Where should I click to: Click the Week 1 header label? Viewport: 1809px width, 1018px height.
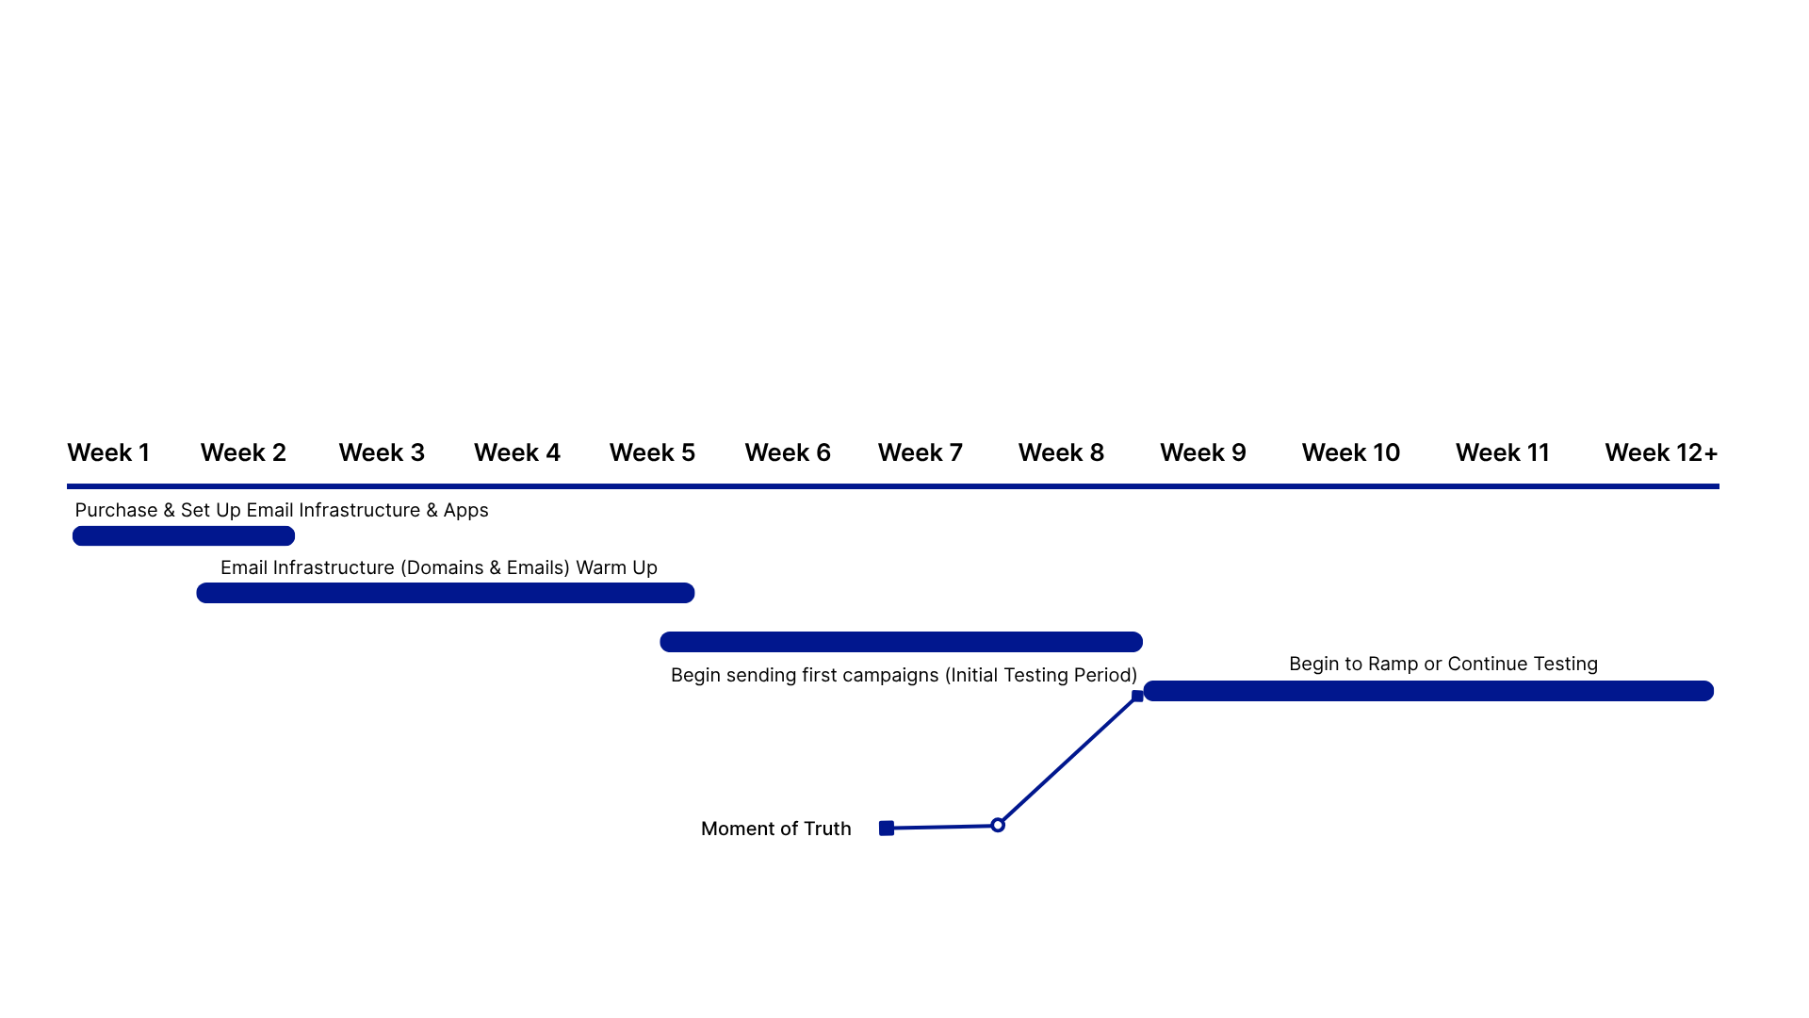(108, 453)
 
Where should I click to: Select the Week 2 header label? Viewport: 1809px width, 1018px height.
(243, 453)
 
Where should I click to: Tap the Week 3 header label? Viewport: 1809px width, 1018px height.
(382, 453)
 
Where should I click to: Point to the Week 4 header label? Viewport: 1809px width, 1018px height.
(517, 453)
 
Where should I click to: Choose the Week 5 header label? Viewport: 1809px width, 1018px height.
(652, 453)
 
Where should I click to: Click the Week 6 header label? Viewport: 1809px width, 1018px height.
(788, 453)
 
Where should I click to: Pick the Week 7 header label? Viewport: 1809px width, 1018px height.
(921, 453)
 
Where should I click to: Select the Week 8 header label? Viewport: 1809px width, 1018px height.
(1061, 453)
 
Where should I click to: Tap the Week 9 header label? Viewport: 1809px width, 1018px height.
(1203, 453)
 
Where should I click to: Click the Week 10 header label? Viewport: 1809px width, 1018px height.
(1351, 453)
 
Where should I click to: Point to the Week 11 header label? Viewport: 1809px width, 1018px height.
(1503, 453)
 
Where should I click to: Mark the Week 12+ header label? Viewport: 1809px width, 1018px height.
(1661, 453)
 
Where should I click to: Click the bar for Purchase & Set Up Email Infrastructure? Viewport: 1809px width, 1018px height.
(184, 536)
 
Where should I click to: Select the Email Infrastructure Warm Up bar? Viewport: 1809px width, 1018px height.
(446, 593)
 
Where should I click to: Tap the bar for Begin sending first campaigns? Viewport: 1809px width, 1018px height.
(901, 642)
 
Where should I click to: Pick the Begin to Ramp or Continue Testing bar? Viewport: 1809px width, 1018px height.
(1428, 691)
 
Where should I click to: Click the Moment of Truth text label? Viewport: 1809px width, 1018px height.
(775, 829)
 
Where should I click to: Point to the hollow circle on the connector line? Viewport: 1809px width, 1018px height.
(998, 825)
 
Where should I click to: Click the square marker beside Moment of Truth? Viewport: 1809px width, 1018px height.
(887, 829)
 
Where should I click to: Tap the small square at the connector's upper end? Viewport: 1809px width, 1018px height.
(1137, 697)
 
